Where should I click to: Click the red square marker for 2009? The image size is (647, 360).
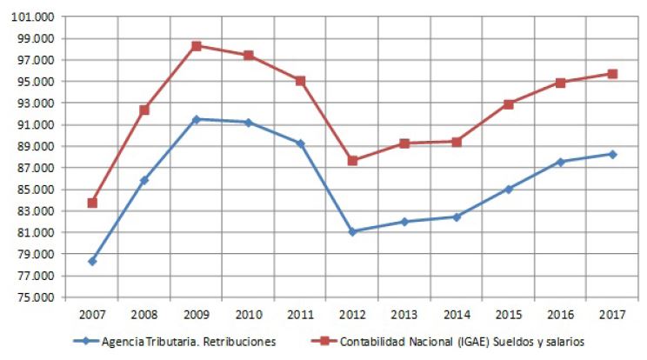pos(197,46)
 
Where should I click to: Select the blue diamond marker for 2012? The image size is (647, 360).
pos(352,231)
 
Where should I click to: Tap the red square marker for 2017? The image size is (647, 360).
pos(612,74)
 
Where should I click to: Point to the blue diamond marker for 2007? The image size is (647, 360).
pos(92,261)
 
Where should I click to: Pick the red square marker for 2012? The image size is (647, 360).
pos(352,161)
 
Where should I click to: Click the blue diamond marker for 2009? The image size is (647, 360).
pos(197,119)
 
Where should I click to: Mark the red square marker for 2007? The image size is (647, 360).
pos(92,203)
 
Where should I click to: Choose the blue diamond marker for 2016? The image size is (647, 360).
pos(560,162)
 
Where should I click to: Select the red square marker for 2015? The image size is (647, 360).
pos(508,103)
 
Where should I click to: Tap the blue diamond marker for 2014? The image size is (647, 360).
pos(457,217)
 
